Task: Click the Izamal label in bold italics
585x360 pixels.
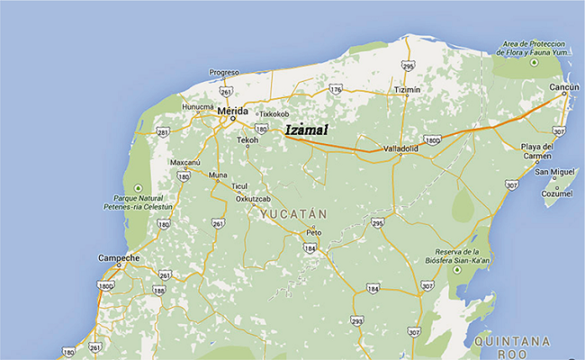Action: [307, 130]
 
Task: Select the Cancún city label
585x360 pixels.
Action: [565, 86]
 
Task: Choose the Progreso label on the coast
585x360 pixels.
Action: [224, 72]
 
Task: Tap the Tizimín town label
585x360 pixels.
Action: [408, 91]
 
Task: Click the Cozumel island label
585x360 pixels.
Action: [557, 193]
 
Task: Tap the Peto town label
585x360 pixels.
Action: [313, 232]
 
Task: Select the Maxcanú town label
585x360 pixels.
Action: [185, 162]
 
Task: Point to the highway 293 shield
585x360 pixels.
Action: [357, 320]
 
